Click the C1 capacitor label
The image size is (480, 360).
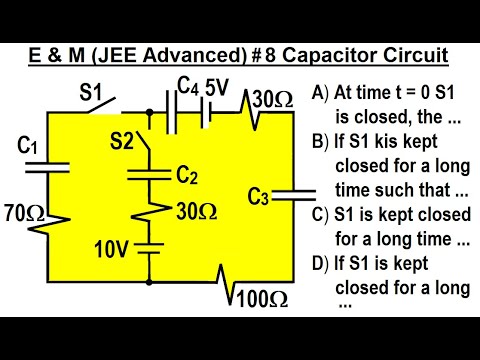pyautogui.click(x=28, y=148)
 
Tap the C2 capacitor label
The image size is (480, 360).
pyautogui.click(x=187, y=176)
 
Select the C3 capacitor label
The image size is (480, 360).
pyautogui.click(x=258, y=196)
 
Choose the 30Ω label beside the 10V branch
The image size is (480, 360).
pyautogui.click(x=196, y=211)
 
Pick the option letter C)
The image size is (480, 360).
pyautogui.click(x=319, y=215)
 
